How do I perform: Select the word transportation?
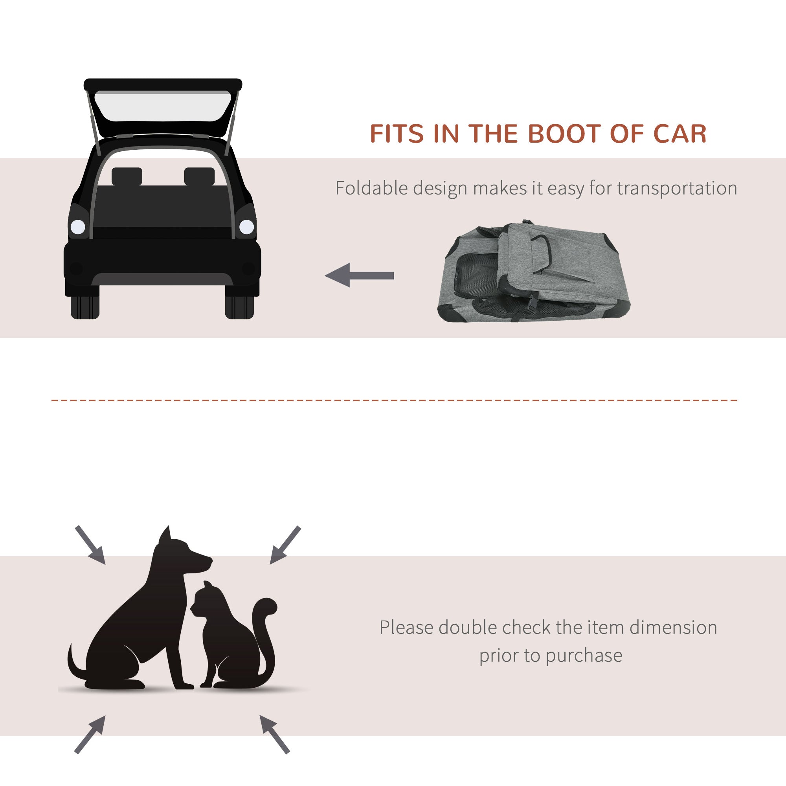677,188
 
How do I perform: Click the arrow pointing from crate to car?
360,275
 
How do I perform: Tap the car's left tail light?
78,227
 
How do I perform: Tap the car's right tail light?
246,227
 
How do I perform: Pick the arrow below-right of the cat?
274,734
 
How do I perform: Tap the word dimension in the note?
673,627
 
